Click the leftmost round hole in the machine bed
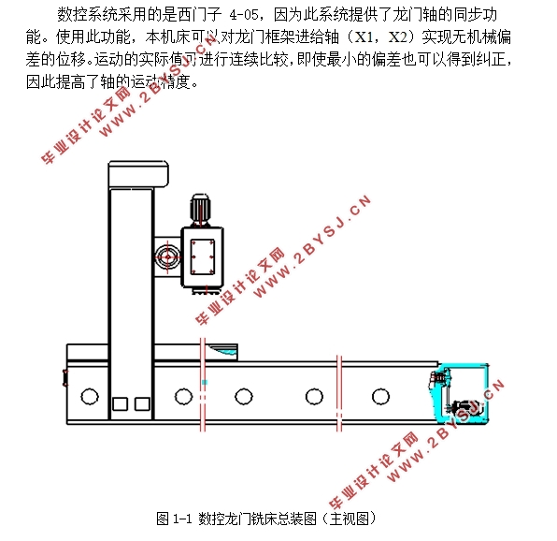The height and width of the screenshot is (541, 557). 90,396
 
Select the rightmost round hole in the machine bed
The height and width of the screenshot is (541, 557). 380,396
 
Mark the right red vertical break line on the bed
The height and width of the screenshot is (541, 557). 337,393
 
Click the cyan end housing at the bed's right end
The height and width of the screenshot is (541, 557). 458,398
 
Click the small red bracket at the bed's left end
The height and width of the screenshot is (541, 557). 65,378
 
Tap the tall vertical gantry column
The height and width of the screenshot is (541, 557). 129,281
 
